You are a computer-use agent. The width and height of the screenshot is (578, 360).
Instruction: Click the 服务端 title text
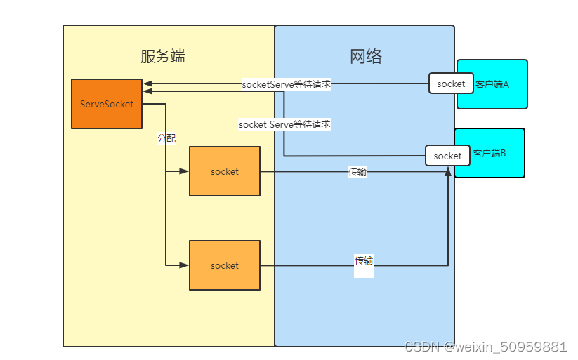[163, 57]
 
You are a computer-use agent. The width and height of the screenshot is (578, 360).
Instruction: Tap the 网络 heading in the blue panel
[366, 57]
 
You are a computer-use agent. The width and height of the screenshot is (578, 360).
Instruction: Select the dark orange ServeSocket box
[107, 104]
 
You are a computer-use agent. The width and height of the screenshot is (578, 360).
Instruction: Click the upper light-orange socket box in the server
[225, 171]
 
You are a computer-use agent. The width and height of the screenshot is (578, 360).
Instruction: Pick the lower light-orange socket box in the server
[225, 265]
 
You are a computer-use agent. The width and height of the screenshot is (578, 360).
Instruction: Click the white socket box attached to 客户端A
[451, 84]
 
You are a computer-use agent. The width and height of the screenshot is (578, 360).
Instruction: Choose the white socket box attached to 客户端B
[448, 156]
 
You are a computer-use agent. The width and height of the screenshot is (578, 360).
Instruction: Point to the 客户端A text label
[492, 84]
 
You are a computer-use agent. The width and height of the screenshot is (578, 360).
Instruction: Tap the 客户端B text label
[490, 153]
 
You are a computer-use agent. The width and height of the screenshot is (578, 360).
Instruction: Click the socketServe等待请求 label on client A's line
[286, 84]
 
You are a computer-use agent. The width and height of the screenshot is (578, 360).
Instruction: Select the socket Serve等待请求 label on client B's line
[284, 124]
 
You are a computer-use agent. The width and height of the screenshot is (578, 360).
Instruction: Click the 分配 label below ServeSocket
[166, 139]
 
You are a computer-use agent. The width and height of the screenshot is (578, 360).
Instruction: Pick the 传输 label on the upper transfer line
[357, 172]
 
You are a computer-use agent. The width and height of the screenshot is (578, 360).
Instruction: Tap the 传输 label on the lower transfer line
[364, 260]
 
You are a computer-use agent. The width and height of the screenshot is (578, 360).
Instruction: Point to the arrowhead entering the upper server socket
[184, 171]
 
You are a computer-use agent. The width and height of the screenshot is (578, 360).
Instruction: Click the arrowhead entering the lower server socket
[184, 265]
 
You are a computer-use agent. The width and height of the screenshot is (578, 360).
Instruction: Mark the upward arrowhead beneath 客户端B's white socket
[448, 171]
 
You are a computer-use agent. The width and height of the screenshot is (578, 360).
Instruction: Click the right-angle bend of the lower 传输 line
[448, 265]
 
